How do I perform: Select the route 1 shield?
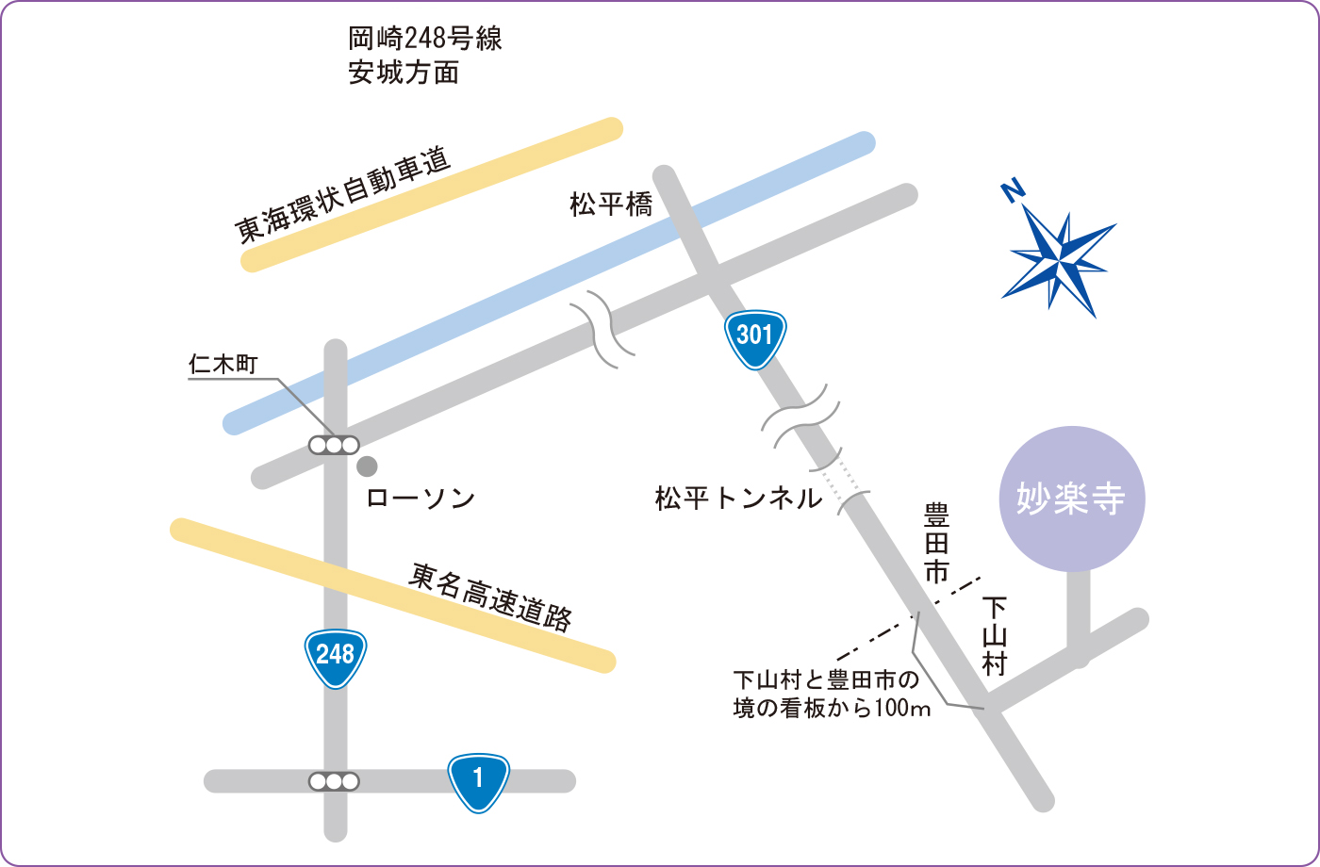click(x=479, y=781)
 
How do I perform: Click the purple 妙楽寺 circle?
click(x=1071, y=499)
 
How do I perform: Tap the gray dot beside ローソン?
click(x=367, y=466)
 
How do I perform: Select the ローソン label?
click(x=420, y=499)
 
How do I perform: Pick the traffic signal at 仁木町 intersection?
click(x=335, y=445)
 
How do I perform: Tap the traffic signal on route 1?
click(x=335, y=781)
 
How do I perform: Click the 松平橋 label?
click(x=611, y=205)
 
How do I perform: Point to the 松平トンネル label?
click(x=739, y=499)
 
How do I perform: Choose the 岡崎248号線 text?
click(x=424, y=41)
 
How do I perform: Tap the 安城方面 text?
click(x=404, y=73)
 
